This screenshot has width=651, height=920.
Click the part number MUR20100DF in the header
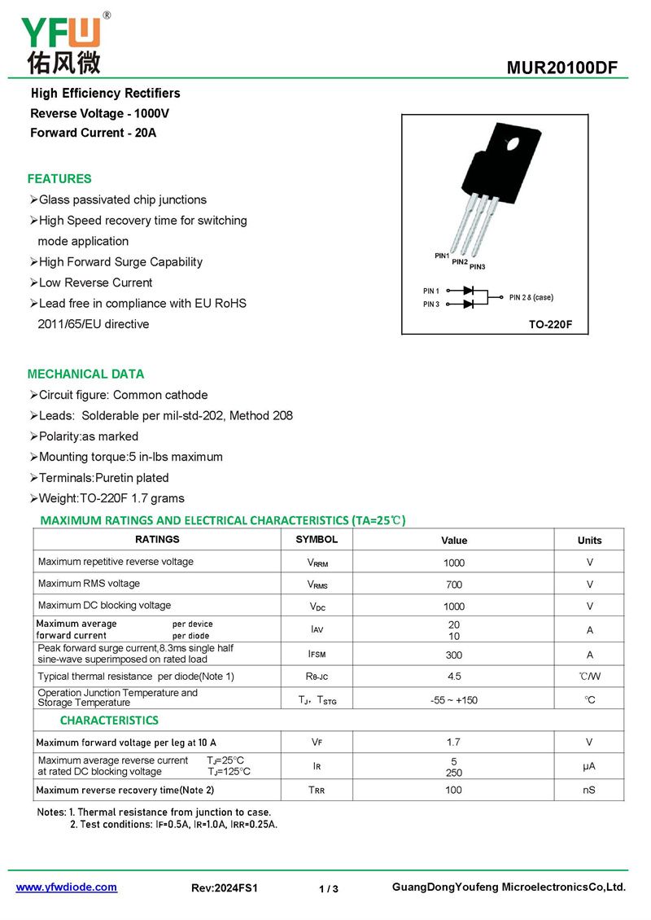point(562,68)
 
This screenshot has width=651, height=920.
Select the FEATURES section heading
point(59,179)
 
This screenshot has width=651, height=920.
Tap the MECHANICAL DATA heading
point(85,375)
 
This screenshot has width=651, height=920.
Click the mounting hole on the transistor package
point(513,145)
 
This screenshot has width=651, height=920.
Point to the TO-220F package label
point(551,324)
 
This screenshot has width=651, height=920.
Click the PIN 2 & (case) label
point(531,297)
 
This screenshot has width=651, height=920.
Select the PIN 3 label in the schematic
point(431,304)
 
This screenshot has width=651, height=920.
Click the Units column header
point(589,541)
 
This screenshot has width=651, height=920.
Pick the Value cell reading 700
point(454,585)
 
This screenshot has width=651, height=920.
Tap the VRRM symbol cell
point(317,563)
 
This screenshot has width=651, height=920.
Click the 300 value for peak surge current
point(454,655)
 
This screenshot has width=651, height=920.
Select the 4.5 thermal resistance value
point(454,677)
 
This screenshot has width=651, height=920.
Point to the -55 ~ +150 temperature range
point(454,700)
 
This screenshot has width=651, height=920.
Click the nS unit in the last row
point(589,790)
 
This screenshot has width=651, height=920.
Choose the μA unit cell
point(589,766)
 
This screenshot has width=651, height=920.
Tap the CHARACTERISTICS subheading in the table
point(109,721)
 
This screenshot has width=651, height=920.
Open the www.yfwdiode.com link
point(67,887)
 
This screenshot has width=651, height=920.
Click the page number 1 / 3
point(329,889)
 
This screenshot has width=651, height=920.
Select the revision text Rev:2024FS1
point(225,888)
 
